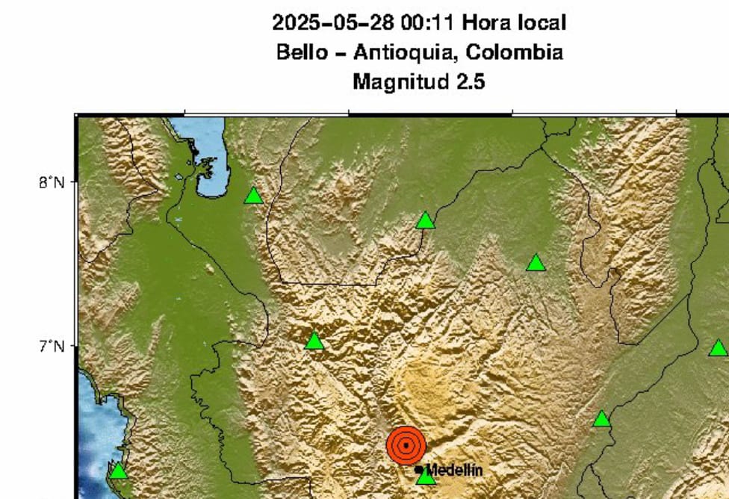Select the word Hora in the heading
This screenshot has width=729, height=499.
(x=486, y=23)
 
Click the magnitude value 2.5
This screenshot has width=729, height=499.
(x=470, y=81)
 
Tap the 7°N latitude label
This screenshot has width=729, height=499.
(x=52, y=347)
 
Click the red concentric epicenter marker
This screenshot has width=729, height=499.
(x=406, y=446)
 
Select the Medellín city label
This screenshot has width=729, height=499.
(x=454, y=470)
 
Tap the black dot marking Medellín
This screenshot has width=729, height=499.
(x=418, y=470)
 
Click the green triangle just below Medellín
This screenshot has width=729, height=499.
(x=425, y=477)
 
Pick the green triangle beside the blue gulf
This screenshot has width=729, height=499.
(x=253, y=196)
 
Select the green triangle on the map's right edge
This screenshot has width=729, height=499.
(x=718, y=348)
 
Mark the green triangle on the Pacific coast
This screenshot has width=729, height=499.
(x=118, y=471)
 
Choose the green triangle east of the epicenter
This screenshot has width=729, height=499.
(x=601, y=419)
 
